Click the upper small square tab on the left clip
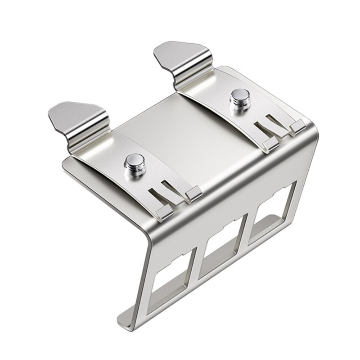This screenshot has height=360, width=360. coord(193,193)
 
